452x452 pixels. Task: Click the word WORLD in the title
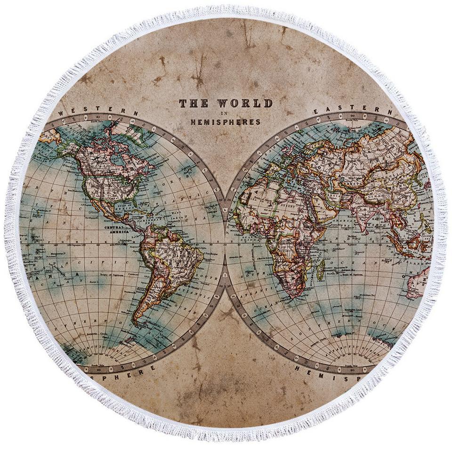coord(244,104)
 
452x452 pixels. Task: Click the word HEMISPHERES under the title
coord(225,122)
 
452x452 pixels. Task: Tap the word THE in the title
coord(194,104)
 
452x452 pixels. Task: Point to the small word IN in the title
coord(225,113)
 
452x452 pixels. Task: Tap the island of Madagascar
coord(321,271)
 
